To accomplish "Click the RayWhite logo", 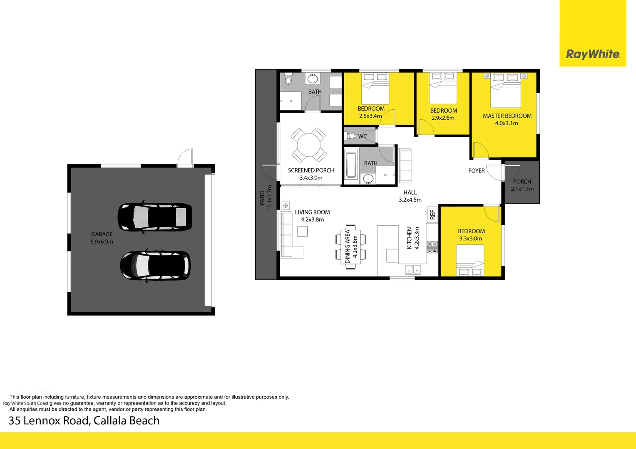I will [x=593, y=54].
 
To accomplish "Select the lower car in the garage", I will [x=155, y=266].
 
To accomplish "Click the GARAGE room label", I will [x=102, y=234].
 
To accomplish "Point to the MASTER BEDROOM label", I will [x=507, y=116].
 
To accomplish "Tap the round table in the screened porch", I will [x=308, y=145].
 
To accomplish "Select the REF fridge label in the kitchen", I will [x=432, y=215].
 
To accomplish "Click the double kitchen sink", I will [x=413, y=270].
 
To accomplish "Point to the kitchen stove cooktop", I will [x=432, y=247].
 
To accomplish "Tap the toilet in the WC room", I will [x=351, y=136].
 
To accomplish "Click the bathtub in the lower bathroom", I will [x=350, y=165].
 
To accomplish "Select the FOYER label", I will [x=476, y=171].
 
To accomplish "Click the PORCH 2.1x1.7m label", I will [x=522, y=189].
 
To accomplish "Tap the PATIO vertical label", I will [x=262, y=197].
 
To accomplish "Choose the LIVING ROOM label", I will [x=312, y=212].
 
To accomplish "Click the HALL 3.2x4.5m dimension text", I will [x=410, y=200].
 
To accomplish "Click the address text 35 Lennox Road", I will [x=84, y=421].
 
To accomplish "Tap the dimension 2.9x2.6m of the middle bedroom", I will [x=443, y=118].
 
